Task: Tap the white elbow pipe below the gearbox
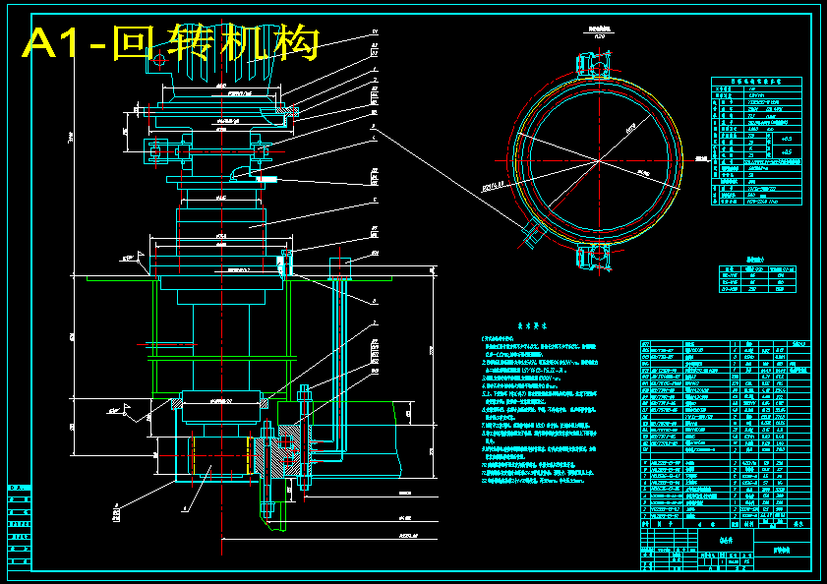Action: [x=239, y=173]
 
